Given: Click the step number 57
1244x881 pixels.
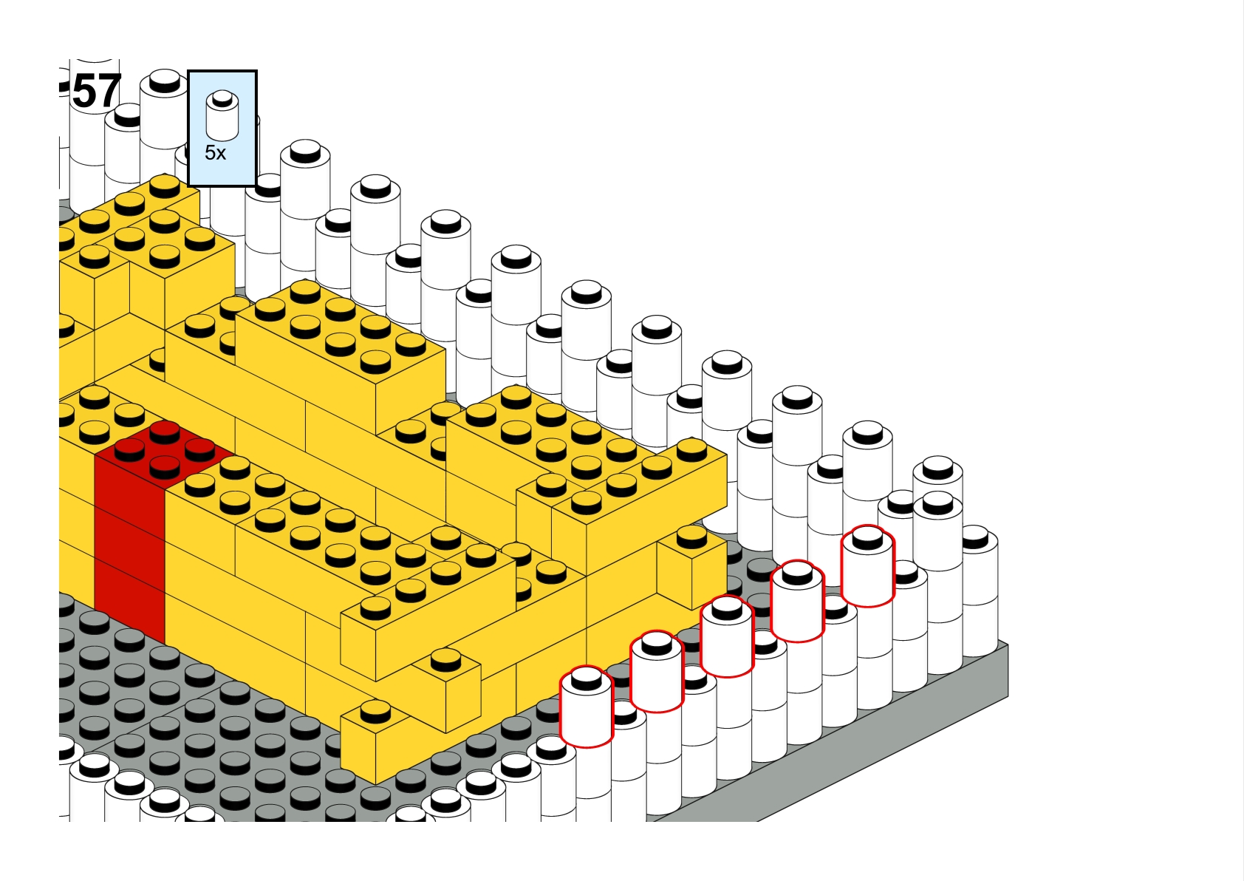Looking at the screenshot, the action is tap(97, 91).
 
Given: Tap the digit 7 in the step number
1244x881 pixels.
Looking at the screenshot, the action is tap(109, 91).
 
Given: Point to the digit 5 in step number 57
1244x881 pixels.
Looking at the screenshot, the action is tap(84, 91).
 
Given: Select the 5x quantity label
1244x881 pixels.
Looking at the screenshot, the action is tap(216, 153).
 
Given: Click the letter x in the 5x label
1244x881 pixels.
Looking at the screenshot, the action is tap(221, 155).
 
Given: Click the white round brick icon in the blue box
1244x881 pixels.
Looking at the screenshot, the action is tap(222, 115).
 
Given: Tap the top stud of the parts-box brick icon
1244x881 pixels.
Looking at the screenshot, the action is tap(222, 98).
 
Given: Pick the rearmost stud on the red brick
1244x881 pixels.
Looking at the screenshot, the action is tap(165, 431).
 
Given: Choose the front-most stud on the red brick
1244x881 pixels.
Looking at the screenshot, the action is tap(165, 466).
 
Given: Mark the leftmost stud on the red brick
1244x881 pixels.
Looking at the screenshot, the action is tap(129, 449).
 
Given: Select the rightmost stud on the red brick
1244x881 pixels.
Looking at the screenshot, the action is tap(200, 449).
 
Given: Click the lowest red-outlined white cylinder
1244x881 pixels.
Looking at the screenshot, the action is tap(587, 707).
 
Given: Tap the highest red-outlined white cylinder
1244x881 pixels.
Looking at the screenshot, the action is tap(867, 566).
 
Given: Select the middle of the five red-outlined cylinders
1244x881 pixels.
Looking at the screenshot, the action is tap(727, 636).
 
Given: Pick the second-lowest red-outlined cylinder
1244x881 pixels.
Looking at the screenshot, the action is tap(657, 672).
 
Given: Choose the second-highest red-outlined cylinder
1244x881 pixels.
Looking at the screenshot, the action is tap(798, 601).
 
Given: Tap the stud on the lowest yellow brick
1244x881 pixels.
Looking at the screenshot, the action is tap(375, 711).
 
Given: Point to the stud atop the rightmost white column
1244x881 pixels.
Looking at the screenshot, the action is tap(974, 537).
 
